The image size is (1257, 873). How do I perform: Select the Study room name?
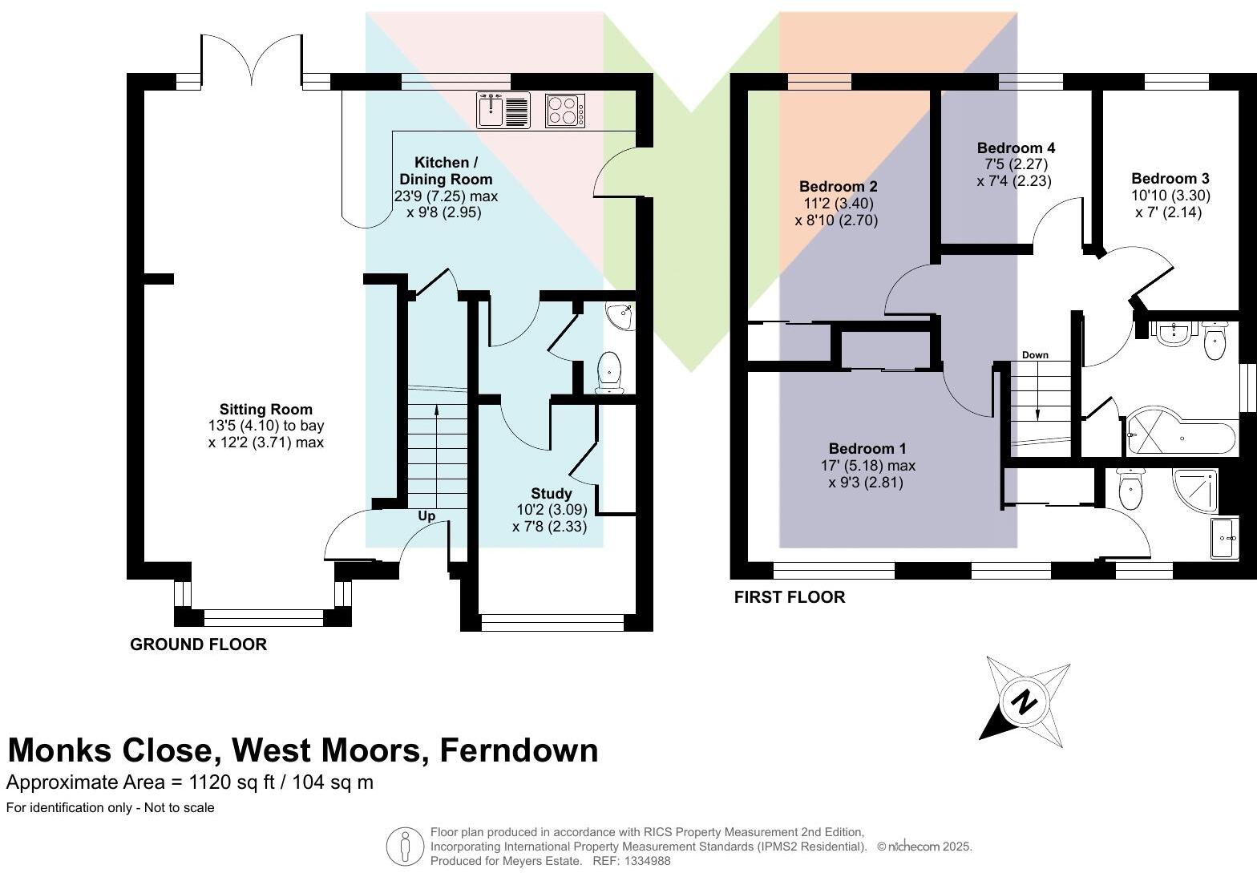click(552, 493)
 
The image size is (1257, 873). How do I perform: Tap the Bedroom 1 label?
click(867, 448)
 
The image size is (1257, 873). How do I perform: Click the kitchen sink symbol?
click(503, 110)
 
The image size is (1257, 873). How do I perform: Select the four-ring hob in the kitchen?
click(565, 111)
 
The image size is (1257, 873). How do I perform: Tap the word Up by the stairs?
click(426, 516)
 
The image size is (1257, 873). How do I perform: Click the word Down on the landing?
click(1035, 354)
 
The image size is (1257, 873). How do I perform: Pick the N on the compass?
click(1024, 701)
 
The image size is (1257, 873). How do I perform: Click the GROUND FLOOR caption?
click(198, 645)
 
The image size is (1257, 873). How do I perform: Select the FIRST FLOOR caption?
click(790, 597)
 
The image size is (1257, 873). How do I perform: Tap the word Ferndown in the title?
click(519, 750)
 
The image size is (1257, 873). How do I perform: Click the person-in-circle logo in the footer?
click(405, 847)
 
